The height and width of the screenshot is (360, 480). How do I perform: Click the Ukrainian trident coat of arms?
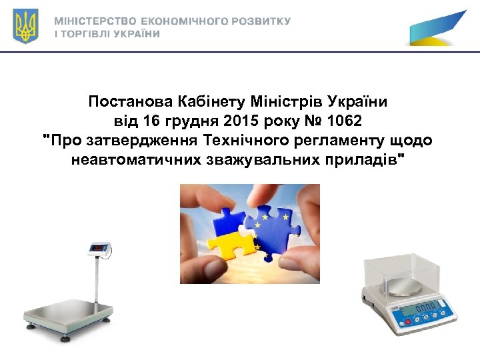click(x=26, y=26)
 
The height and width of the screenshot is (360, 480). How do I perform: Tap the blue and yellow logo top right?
click(x=437, y=29)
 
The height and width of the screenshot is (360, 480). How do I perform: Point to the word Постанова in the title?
click(x=130, y=103)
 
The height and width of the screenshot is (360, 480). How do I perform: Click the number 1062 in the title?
click(x=347, y=121)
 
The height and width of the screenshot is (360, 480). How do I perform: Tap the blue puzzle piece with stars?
click(x=273, y=227)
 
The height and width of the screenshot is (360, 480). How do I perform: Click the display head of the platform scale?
click(x=99, y=248)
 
